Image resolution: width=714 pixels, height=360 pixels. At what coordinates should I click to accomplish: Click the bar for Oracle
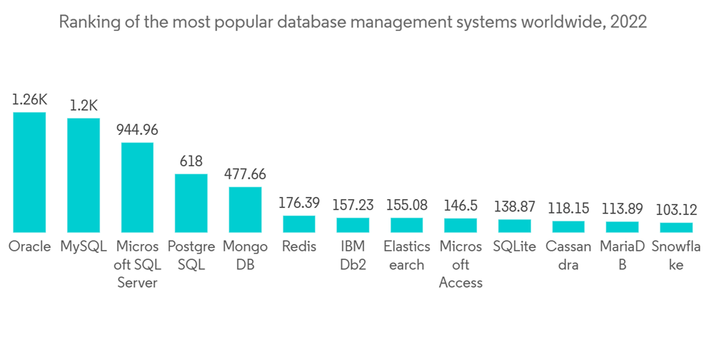pyautogui.click(x=29, y=172)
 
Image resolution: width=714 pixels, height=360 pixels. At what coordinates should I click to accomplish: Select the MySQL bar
pyautogui.click(x=84, y=175)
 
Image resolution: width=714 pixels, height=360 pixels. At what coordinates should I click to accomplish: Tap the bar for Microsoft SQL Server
pyautogui.click(x=137, y=187)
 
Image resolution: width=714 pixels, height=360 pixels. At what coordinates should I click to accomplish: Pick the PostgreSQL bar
pyautogui.click(x=191, y=203)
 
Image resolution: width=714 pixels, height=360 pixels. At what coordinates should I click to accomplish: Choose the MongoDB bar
pyautogui.click(x=245, y=209)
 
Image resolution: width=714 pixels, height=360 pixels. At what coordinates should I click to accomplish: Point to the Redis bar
pyautogui.click(x=298, y=224)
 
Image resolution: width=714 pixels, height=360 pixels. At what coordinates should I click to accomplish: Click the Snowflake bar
pyautogui.click(x=676, y=227)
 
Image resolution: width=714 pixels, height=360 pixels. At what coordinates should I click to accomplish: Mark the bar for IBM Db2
pyautogui.click(x=353, y=225)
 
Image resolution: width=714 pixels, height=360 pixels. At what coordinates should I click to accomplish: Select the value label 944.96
pyautogui.click(x=137, y=130)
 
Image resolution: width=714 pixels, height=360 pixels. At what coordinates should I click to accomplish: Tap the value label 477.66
pyautogui.click(x=245, y=174)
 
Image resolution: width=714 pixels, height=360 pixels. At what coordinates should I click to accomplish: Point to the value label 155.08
pyautogui.click(x=406, y=205)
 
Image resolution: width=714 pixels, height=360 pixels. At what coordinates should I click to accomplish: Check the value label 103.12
pyautogui.click(x=676, y=210)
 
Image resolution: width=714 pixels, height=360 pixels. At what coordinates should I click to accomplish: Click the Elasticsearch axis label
pyautogui.click(x=406, y=256)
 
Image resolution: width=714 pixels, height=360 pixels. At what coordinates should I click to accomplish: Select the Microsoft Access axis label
pyautogui.click(x=461, y=264)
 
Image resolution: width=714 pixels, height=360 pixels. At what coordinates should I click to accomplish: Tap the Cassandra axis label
pyautogui.click(x=568, y=256)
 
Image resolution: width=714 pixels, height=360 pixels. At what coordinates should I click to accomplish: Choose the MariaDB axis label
pyautogui.click(x=622, y=256)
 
